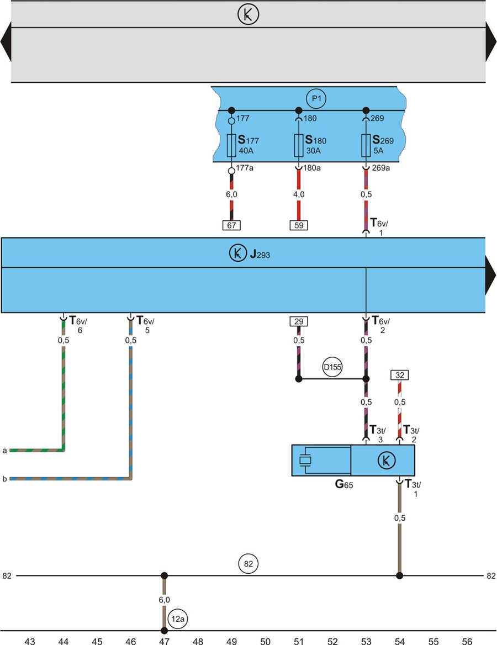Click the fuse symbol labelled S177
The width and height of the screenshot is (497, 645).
pyautogui.click(x=231, y=145)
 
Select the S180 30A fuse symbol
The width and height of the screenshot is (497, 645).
pyautogui.click(x=298, y=145)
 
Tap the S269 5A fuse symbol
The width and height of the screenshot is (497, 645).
pyautogui.click(x=365, y=145)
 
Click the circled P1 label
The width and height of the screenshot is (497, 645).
pyautogui.click(x=316, y=99)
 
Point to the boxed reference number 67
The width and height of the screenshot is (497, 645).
pyautogui.click(x=231, y=225)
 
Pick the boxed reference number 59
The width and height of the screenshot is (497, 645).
pyautogui.click(x=298, y=225)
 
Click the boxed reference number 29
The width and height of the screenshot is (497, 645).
pyautogui.click(x=299, y=321)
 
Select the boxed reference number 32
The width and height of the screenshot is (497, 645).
pyautogui.click(x=399, y=375)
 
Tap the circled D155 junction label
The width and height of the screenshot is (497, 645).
pyautogui.click(x=332, y=367)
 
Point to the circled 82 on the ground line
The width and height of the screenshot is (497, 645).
pyautogui.click(x=248, y=564)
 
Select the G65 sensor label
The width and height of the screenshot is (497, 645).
pyautogui.click(x=344, y=485)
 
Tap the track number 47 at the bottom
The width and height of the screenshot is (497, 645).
pyautogui.click(x=164, y=641)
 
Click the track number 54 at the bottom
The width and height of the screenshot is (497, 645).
pyautogui.click(x=400, y=641)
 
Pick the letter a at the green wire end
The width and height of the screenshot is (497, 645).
pyautogui.click(x=4, y=451)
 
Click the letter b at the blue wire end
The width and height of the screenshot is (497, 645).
pyautogui.click(x=4, y=479)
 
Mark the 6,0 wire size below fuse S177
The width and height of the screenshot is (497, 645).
pyautogui.click(x=231, y=194)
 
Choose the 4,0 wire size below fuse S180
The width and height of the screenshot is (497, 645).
pyautogui.click(x=298, y=194)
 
